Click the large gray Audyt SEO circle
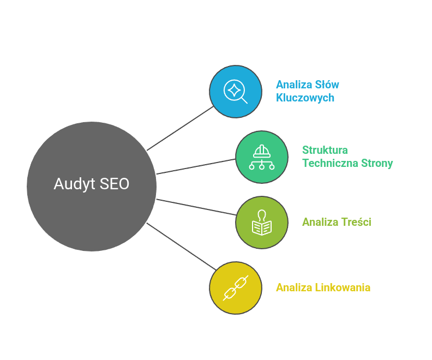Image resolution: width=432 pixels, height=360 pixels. [92, 187]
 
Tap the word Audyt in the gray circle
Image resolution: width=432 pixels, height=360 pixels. [74, 184]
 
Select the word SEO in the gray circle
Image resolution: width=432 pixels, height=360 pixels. [115, 184]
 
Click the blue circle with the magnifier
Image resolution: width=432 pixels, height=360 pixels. [236, 92]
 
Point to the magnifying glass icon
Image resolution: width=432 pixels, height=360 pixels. [235, 92]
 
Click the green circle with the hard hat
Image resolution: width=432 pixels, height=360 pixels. [262, 157]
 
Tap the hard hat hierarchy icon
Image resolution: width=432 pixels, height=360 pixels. [262, 157]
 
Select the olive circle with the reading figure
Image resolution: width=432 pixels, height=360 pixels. [262, 223]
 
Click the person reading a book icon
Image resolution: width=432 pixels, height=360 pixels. [262, 223]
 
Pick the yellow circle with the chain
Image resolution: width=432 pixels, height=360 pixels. [236, 288]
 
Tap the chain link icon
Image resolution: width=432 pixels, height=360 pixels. [236, 288]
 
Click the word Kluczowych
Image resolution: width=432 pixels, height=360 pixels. [305, 98]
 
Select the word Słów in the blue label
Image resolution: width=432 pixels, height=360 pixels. [327, 85]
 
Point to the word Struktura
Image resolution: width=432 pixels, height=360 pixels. [325, 150]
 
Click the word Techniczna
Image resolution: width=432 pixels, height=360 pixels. [331, 163]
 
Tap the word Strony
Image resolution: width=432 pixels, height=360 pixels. [377, 164]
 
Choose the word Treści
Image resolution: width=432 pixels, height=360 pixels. [356, 222]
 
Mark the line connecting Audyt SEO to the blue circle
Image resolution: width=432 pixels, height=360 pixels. [180, 128]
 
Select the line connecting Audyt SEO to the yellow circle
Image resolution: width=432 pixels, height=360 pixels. [181, 247]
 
